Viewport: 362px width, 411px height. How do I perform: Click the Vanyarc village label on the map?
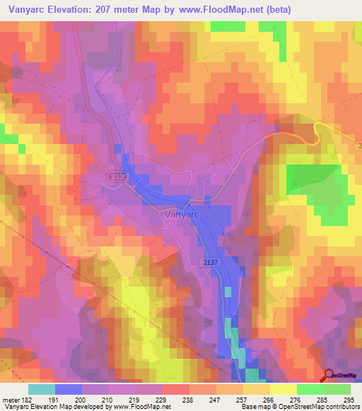click(x=180, y=214)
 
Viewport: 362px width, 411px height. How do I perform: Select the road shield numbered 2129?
click(x=117, y=176)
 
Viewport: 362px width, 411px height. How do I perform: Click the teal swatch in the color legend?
click(x=42, y=389)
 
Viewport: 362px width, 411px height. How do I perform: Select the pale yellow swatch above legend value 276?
click(x=284, y=389)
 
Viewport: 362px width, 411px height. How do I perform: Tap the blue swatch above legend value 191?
click(x=69, y=389)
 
